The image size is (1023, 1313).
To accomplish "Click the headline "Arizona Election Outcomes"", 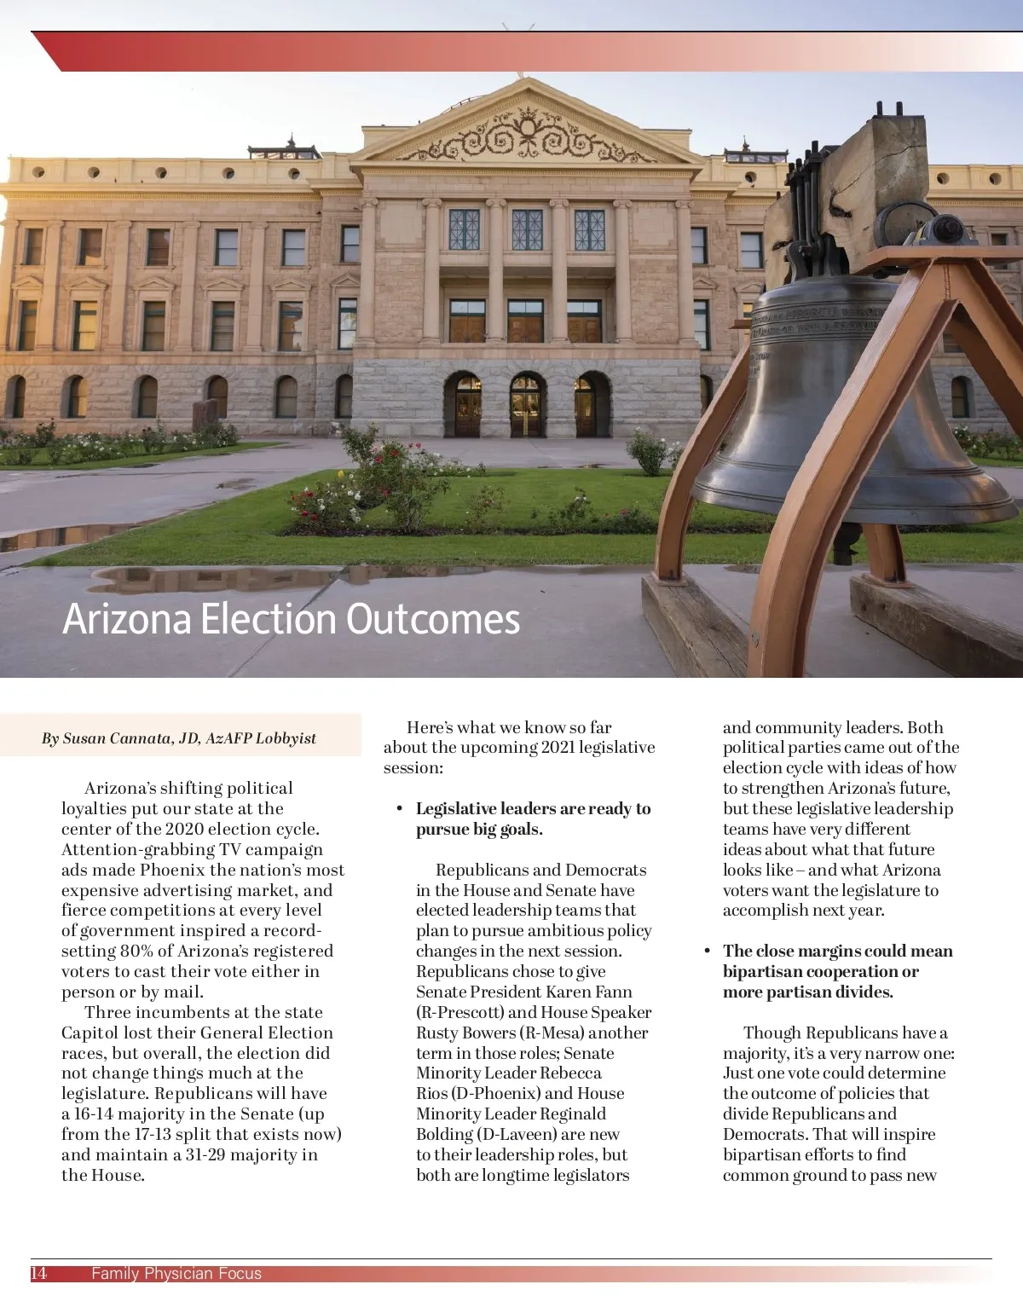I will (x=291, y=619).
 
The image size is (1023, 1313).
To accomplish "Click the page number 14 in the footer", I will (x=39, y=1274).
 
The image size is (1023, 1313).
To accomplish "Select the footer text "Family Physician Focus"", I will (x=176, y=1274).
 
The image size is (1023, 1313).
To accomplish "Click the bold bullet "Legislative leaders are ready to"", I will (x=533, y=808).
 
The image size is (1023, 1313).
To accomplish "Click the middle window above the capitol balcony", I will (x=527, y=228).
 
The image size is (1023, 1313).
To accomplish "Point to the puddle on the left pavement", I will (x=60, y=539).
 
